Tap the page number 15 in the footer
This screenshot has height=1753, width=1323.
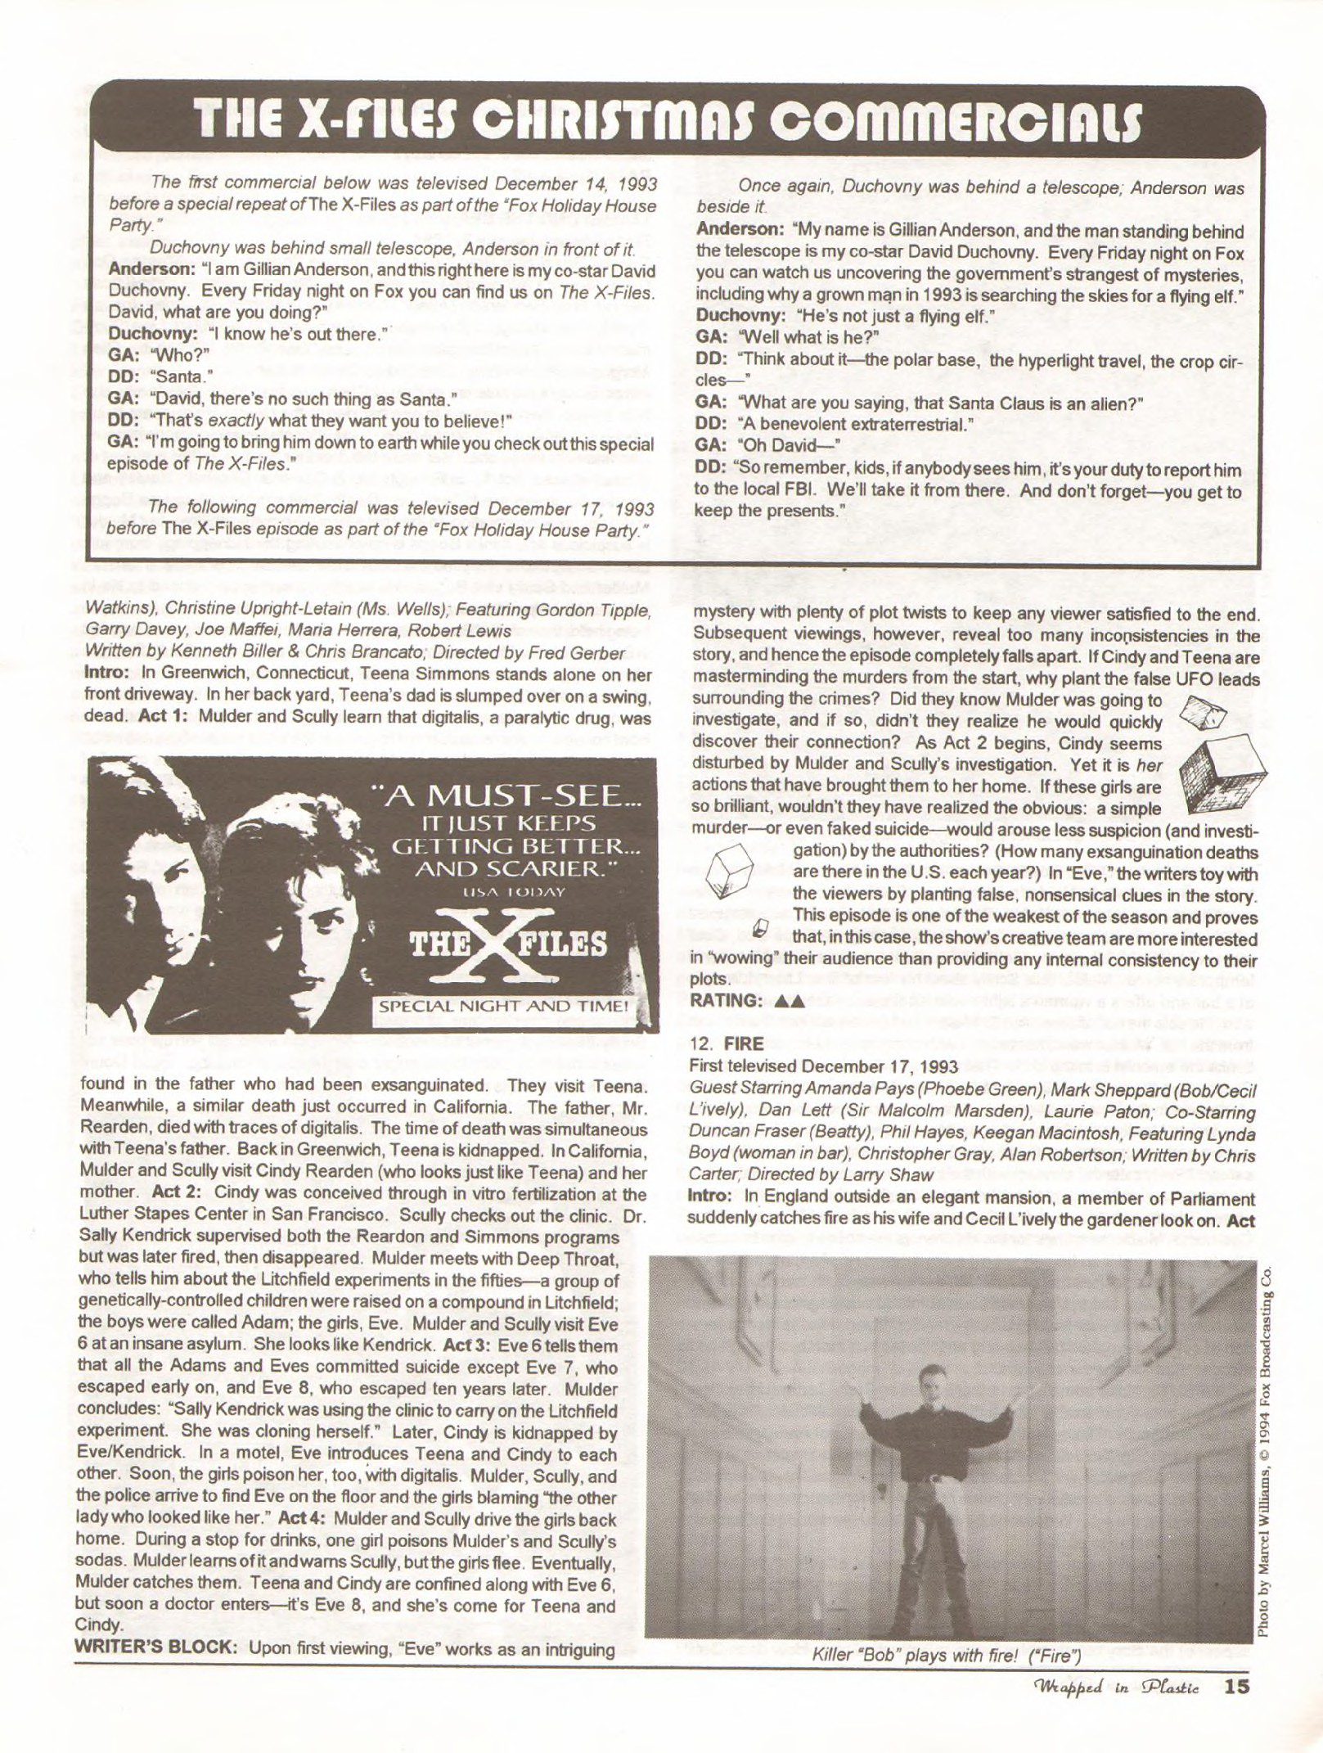click(x=1237, y=1688)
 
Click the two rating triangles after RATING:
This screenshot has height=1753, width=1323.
click(x=790, y=999)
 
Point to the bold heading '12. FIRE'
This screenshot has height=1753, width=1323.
click(x=727, y=1043)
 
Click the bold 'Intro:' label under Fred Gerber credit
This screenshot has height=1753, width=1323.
click(x=108, y=674)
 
